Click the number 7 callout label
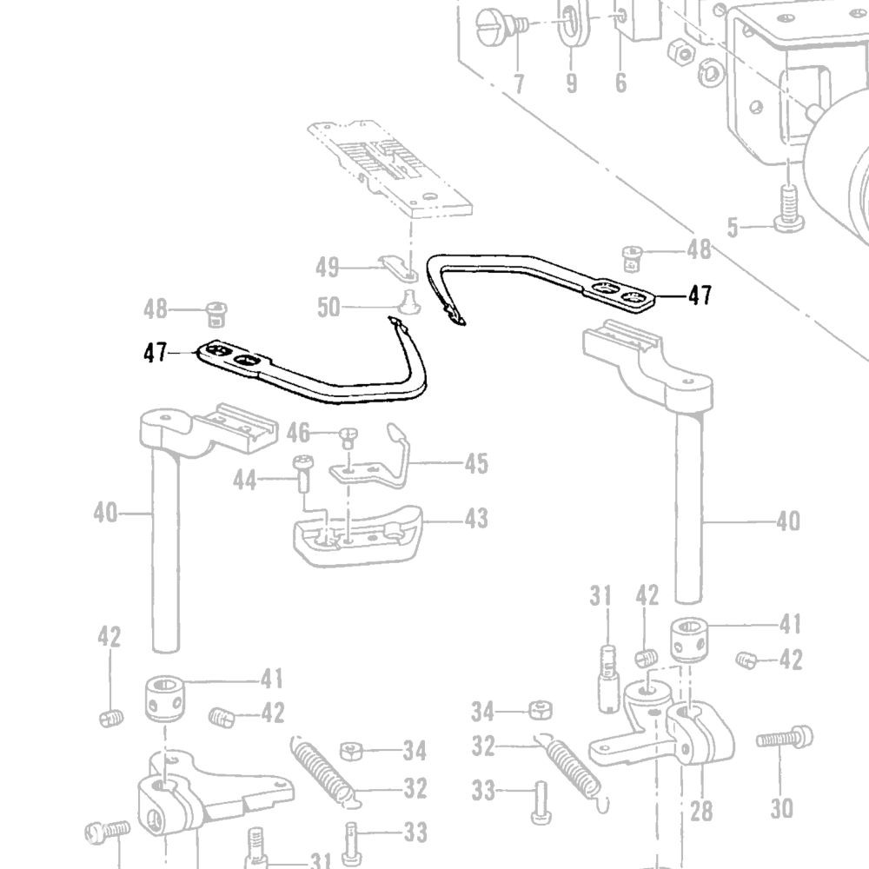pyautogui.click(x=519, y=83)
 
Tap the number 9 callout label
pyautogui.click(x=572, y=83)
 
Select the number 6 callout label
pyautogui.click(x=620, y=82)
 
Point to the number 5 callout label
pyautogui.click(x=733, y=227)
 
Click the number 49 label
pyautogui.click(x=327, y=267)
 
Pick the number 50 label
pyautogui.click(x=328, y=307)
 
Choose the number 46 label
pyautogui.click(x=298, y=433)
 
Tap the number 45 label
pyautogui.click(x=476, y=463)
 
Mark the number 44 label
pyautogui.click(x=244, y=480)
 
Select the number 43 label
pyautogui.click(x=476, y=518)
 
